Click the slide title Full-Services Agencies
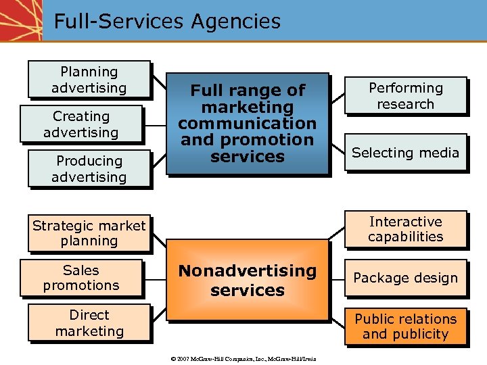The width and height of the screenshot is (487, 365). (166, 21)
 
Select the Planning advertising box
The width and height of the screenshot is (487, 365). (89, 80)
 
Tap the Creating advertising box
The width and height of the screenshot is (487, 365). (81, 124)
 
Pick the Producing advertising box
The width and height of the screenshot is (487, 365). (89, 169)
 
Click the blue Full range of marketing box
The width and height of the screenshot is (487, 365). (247, 123)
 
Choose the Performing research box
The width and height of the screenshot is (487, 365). (405, 96)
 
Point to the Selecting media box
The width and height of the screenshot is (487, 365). (405, 153)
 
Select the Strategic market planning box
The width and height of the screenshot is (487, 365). (89, 233)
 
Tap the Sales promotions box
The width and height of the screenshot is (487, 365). (81, 278)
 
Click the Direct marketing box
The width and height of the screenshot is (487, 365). (89, 322)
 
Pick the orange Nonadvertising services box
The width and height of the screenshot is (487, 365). (247, 280)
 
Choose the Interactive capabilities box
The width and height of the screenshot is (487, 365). (405, 229)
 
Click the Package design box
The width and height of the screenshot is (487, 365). (405, 278)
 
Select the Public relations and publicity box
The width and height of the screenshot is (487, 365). (405, 326)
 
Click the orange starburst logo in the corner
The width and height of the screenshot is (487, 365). (20, 20)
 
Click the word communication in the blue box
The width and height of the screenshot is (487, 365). (247, 124)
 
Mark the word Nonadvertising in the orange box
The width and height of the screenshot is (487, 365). (247, 270)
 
